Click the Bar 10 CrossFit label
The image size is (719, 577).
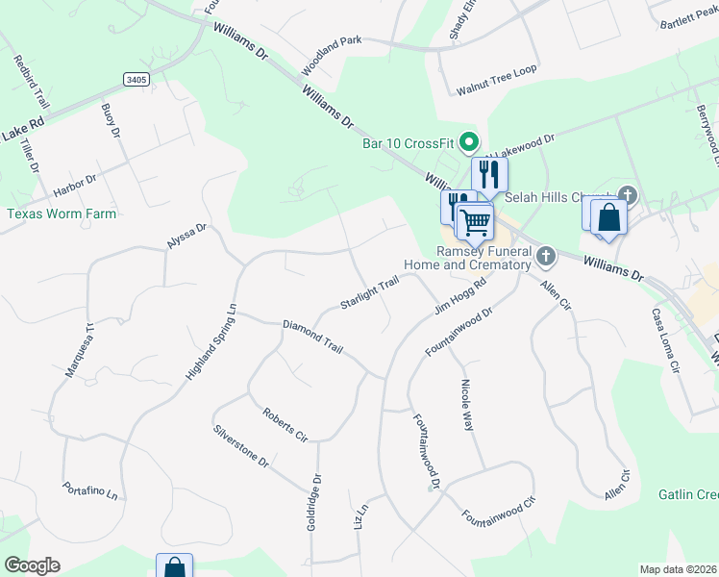(408, 143)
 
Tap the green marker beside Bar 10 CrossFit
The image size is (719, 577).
(470, 142)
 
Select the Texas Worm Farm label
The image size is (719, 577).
(62, 213)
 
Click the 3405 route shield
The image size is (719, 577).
(136, 79)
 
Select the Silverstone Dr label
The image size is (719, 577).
(241, 444)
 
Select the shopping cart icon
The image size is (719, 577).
(474, 222)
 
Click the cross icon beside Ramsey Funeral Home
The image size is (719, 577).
(546, 256)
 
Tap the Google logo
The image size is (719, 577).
(32, 565)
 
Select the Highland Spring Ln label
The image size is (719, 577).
(211, 341)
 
